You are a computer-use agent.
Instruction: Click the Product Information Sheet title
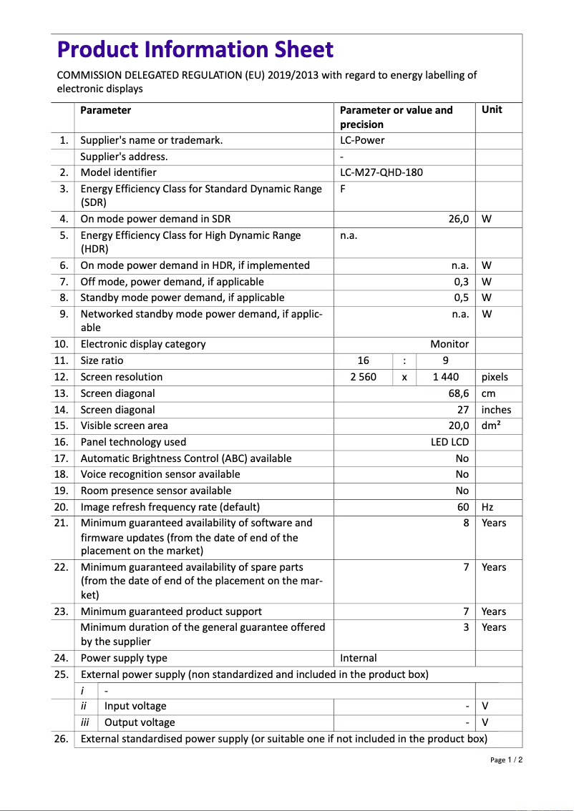point(195,49)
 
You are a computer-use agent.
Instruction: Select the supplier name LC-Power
point(362,140)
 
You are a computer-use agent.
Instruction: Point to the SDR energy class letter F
point(343,189)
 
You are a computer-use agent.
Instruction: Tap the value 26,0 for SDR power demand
point(458,219)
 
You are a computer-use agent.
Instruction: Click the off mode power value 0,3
point(461,282)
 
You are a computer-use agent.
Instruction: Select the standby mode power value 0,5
point(461,298)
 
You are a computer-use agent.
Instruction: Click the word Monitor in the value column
point(449,344)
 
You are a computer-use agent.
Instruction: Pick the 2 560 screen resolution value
point(363,377)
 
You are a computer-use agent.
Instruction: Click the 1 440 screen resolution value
point(446,377)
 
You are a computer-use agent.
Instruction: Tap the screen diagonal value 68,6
point(458,393)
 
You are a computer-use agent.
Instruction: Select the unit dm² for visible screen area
point(491,426)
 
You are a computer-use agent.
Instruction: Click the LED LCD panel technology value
point(449,442)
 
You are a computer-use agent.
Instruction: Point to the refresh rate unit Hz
point(487,507)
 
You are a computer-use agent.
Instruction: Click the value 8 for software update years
point(465,523)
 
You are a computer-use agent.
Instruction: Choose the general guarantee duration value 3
point(465,627)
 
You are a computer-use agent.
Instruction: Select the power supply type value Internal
point(358,658)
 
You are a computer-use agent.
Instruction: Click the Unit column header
point(492,109)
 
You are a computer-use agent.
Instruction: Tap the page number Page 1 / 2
point(506,760)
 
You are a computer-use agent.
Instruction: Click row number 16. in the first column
point(62,442)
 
